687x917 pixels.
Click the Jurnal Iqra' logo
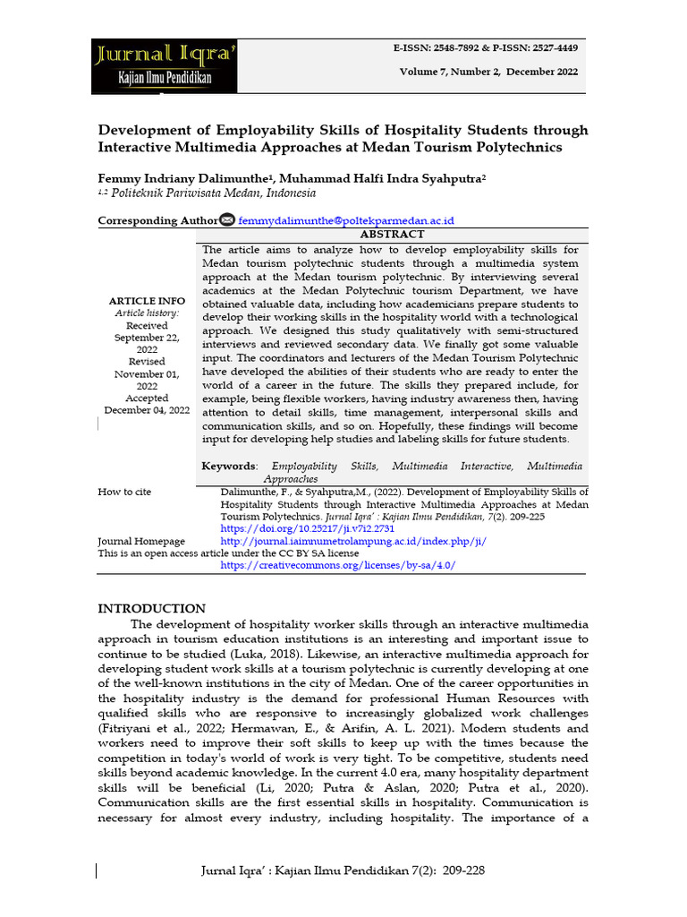tap(165, 65)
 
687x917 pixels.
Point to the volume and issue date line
tap(488, 72)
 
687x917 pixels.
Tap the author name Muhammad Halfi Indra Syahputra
tap(391, 179)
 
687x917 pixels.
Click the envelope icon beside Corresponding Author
tap(227, 220)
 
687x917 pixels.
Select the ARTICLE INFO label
tap(147, 301)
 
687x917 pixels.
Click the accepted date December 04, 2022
tap(147, 410)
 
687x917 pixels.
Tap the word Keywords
tap(229, 467)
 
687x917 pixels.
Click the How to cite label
tap(124, 493)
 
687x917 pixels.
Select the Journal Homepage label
tap(141, 542)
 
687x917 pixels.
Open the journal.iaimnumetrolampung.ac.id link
tap(352, 542)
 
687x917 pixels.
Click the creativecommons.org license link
tap(338, 566)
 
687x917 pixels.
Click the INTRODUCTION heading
tap(151, 608)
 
